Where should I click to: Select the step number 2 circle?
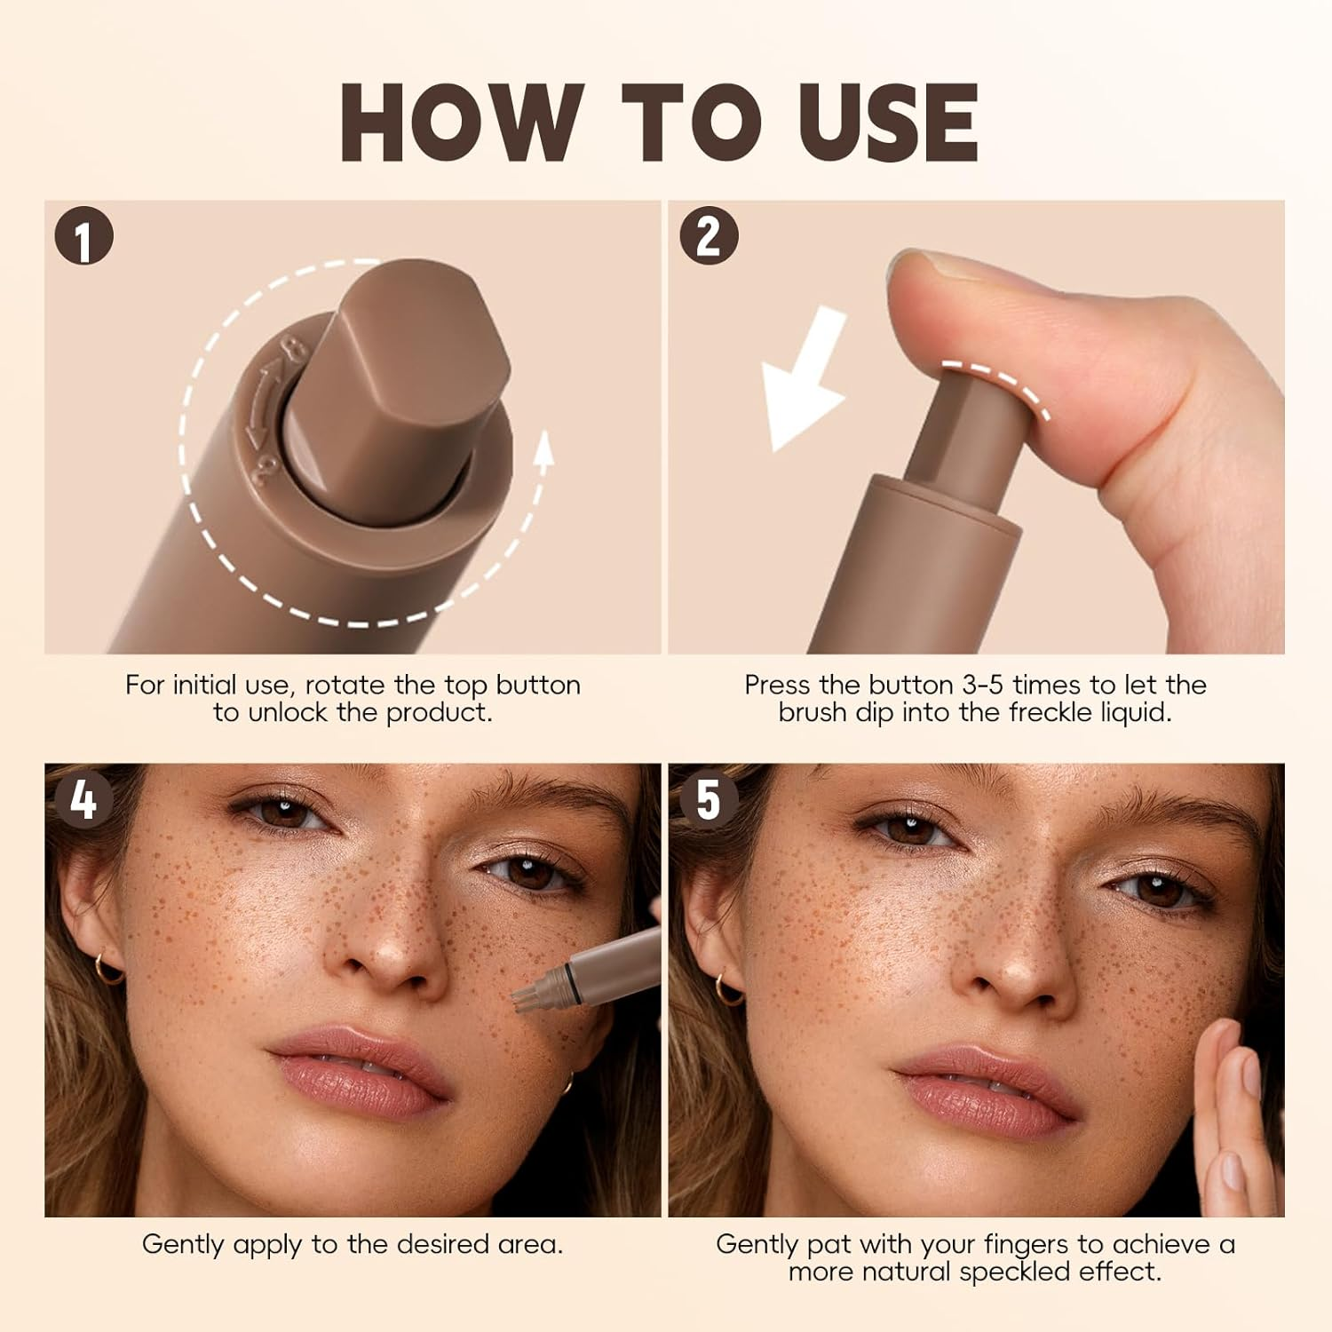[x=709, y=236]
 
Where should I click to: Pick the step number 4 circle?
[x=83, y=800]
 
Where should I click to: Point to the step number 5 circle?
[x=708, y=800]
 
